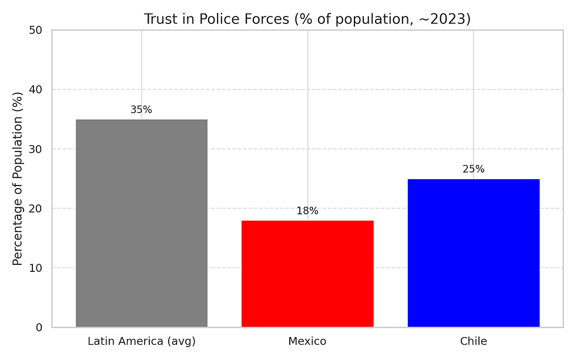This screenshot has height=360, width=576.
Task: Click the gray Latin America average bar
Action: tap(142, 223)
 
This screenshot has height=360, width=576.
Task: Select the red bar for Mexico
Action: tap(307, 274)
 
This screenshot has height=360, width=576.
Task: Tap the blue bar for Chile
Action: tap(473, 253)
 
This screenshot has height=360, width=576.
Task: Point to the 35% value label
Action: tap(141, 110)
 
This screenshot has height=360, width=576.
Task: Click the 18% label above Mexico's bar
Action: tap(307, 211)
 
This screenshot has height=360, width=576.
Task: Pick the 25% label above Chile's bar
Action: tap(473, 169)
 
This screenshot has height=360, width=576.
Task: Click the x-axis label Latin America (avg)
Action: tap(142, 341)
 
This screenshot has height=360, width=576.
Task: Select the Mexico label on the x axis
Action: tap(307, 341)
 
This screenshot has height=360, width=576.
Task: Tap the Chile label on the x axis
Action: tap(473, 341)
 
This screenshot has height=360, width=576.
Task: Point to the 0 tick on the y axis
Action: tap(39, 327)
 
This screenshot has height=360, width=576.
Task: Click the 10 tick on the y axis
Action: tap(36, 268)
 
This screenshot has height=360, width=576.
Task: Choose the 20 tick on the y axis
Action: tap(36, 208)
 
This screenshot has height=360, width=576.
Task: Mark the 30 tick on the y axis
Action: tap(36, 149)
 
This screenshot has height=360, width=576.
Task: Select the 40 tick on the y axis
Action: tap(36, 89)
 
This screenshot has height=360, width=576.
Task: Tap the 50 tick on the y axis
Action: tap(36, 30)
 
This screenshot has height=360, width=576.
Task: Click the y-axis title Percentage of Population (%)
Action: tap(18, 179)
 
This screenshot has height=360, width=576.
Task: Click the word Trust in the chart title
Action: tap(158, 19)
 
